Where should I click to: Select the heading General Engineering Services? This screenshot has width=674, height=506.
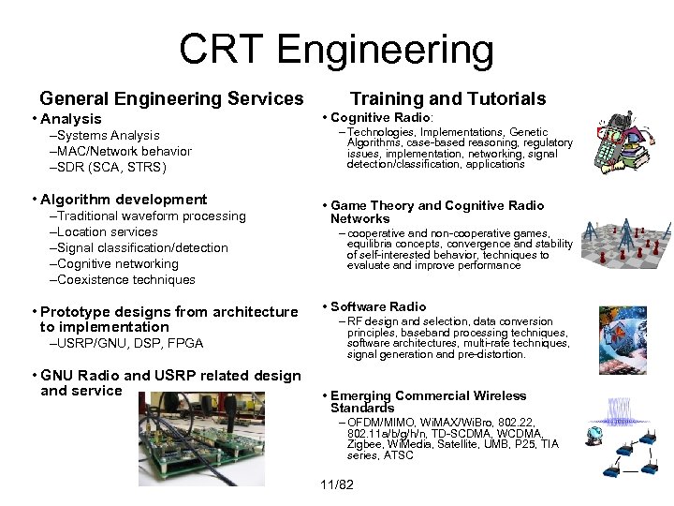pos(171,98)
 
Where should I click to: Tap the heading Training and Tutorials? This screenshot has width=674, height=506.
pos(447,98)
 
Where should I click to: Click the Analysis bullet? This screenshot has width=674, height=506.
pos(70,119)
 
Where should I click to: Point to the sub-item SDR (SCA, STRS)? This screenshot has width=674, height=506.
pos(110,168)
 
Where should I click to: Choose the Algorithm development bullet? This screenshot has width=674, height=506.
pos(124,200)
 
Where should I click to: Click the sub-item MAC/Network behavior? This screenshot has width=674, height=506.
pos(123,152)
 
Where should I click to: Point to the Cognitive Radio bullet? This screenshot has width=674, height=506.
pos(381,117)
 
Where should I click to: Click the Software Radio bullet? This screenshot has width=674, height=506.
pos(378,306)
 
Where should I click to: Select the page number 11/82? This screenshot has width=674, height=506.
pos(337,485)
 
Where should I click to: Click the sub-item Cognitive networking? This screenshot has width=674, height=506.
pos(117,263)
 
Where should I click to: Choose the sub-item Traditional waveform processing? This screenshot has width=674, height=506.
pos(151,216)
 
